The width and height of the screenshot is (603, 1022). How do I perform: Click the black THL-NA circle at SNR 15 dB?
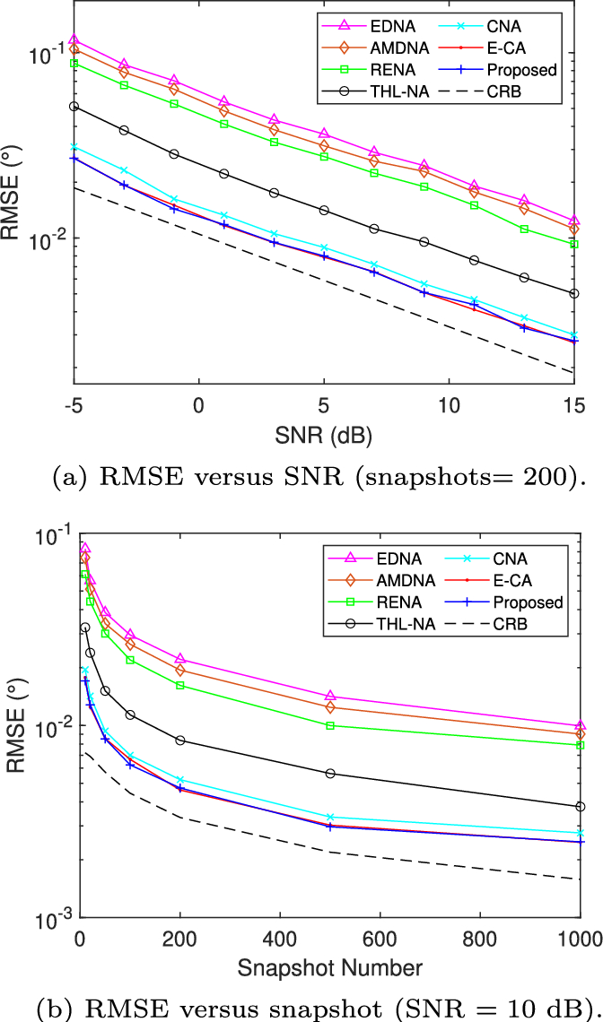[574, 293]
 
